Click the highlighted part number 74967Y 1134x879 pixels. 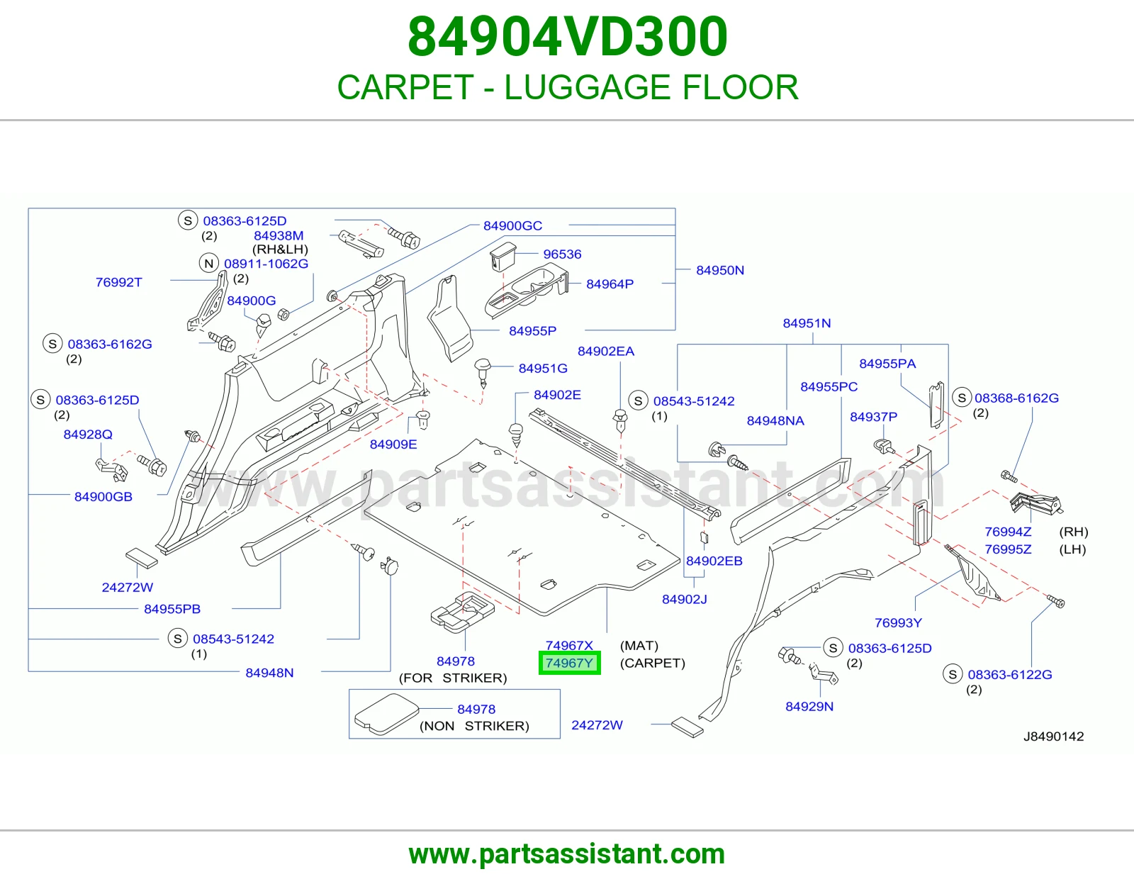pos(569,663)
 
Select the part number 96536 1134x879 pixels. pos(562,254)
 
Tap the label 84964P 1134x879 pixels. pos(610,284)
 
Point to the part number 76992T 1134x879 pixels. pos(118,282)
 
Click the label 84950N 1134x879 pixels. pos(719,270)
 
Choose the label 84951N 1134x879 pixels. pos(807,323)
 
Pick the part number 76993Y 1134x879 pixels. pos(898,622)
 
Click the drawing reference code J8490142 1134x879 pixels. pos(1053,737)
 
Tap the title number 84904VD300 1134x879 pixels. pos(567,37)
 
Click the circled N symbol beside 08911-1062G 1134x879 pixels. pos(209,263)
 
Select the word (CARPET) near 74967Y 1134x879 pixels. pos(652,663)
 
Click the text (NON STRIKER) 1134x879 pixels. pos(474,726)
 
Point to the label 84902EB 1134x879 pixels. pos(714,561)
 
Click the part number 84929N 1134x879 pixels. pos(809,706)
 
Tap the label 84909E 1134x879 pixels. pos(393,444)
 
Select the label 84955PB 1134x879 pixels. pos(172,609)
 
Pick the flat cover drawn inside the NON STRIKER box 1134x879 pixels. pos(386,714)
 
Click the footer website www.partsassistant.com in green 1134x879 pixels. pos(567,854)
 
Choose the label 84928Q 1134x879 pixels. pos(88,435)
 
